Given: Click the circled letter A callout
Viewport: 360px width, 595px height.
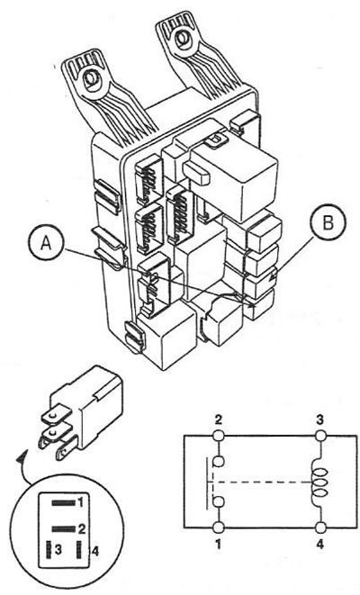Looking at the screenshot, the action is (x=46, y=244).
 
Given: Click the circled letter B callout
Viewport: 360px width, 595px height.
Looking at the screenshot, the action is (x=328, y=223).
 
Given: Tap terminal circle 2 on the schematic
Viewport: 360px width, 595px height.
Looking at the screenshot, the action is (x=219, y=436).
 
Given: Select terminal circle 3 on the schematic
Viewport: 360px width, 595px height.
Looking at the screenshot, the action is (x=321, y=436).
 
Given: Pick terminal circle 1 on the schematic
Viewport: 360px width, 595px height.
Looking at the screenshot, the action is (x=219, y=527).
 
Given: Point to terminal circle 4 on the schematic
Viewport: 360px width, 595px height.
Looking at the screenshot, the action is (x=321, y=527).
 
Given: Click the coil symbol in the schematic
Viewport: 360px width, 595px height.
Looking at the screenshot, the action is (x=319, y=482).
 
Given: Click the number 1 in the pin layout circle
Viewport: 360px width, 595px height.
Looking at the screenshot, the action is (x=80, y=503).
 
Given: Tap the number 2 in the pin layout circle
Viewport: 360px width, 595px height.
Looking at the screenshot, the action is (x=81, y=528).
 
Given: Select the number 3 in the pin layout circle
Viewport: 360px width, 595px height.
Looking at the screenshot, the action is (x=58, y=550).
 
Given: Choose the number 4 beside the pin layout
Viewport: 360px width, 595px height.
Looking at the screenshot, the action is (x=94, y=552).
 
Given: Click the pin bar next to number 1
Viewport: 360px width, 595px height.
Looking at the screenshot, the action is (x=64, y=503).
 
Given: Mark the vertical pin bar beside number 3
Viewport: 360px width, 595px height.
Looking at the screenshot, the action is (x=49, y=550).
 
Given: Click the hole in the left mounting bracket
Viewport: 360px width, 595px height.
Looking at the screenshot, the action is (x=91, y=79).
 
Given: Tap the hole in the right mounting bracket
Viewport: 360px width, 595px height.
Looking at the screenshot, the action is (x=184, y=39).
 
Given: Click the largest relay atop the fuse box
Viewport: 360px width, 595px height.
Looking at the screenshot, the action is (x=230, y=178).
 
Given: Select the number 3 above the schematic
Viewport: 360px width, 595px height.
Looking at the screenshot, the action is (x=321, y=420).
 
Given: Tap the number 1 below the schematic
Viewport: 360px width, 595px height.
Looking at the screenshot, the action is (x=219, y=545).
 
